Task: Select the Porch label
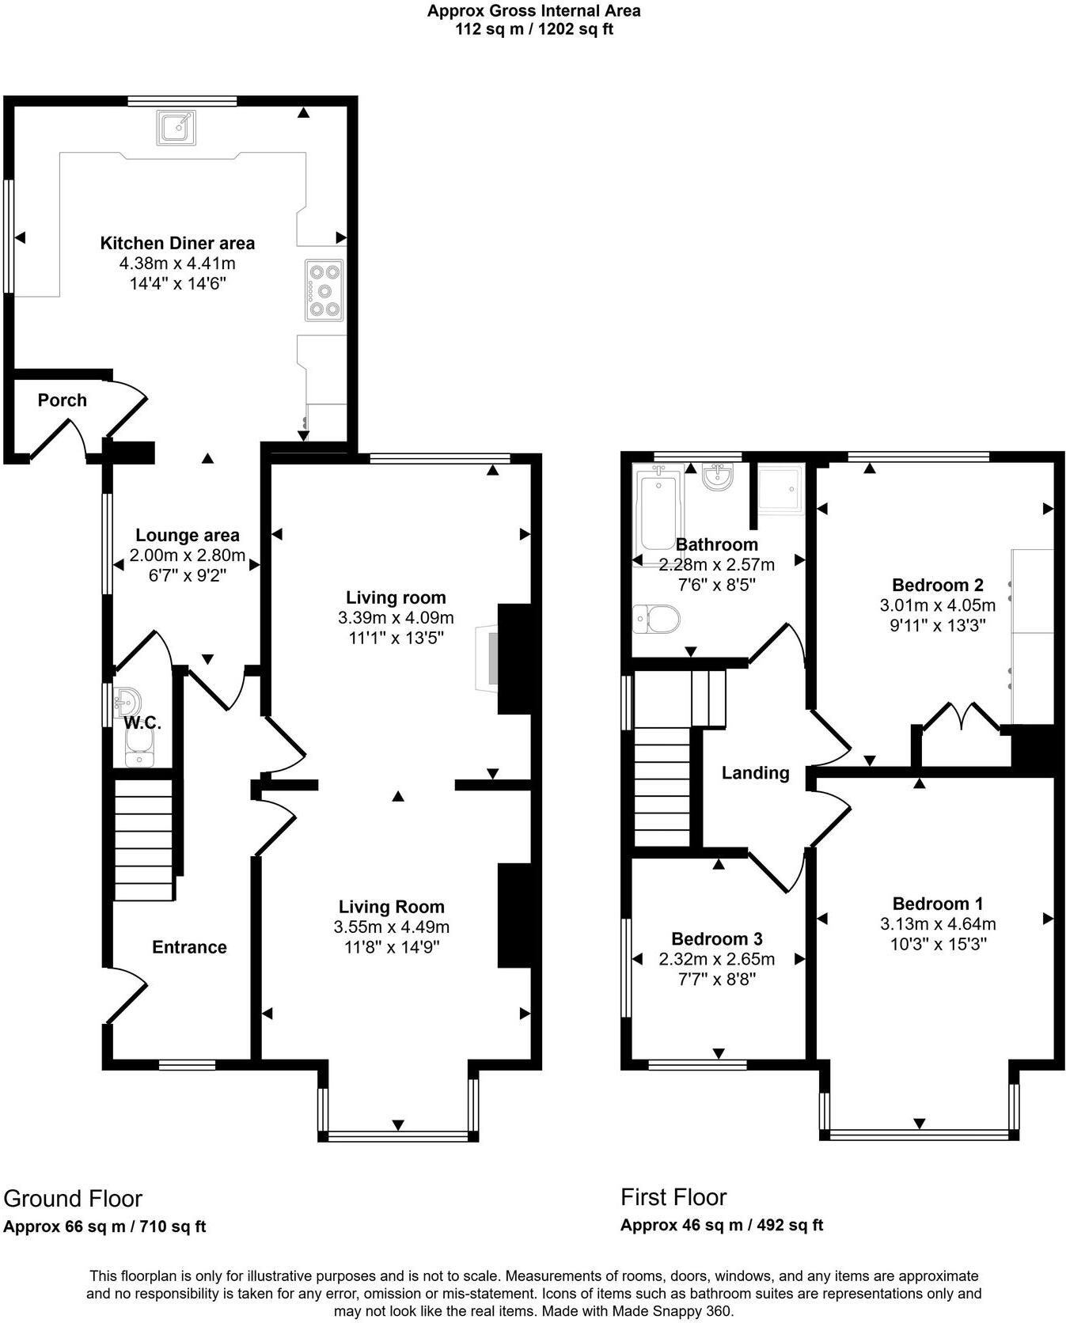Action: click(63, 400)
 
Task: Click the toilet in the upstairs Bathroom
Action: click(657, 618)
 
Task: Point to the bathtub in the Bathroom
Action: click(657, 512)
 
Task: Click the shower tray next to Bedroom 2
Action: click(780, 487)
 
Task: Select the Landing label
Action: click(755, 773)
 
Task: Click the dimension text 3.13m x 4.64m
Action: click(938, 923)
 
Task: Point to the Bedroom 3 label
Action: click(716, 939)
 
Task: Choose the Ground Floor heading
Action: click(73, 1199)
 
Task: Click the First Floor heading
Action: click(673, 1197)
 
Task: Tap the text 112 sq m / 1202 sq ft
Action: click(533, 30)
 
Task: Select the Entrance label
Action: click(189, 947)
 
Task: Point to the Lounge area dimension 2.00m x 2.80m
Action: click(188, 555)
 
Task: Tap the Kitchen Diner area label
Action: click(177, 243)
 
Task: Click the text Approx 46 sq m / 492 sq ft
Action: click(721, 1226)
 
